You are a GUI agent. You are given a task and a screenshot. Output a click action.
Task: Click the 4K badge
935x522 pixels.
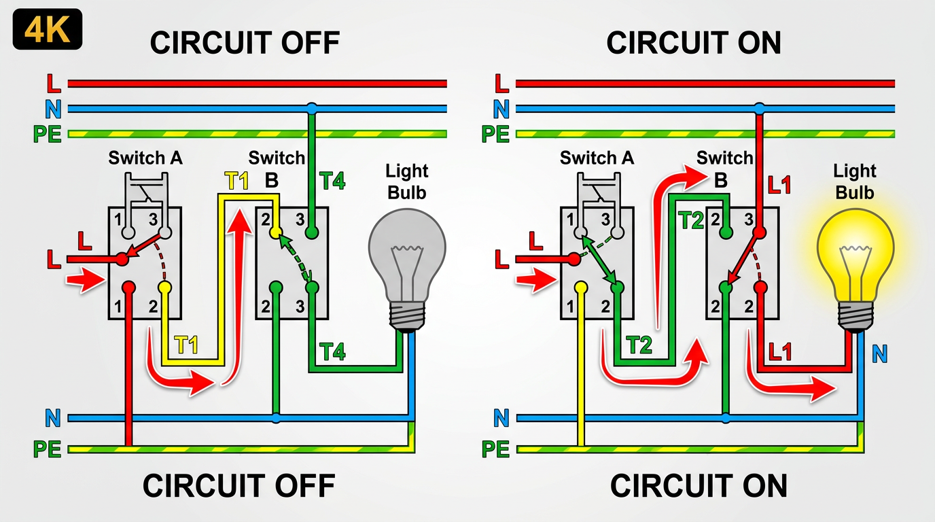pos(47,29)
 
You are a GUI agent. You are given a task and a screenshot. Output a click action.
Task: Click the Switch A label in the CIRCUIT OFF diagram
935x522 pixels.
pos(145,159)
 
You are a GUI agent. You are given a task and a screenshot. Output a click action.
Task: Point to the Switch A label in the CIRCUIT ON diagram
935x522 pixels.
pos(597,159)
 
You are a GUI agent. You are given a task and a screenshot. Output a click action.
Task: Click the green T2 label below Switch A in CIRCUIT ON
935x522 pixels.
pos(639,346)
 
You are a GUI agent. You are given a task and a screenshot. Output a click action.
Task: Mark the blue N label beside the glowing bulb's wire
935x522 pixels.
pos(879,353)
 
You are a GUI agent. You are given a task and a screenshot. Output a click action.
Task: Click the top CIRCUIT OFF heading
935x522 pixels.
pos(245,43)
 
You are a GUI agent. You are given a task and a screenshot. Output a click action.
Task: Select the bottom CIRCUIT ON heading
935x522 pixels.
pos(699,486)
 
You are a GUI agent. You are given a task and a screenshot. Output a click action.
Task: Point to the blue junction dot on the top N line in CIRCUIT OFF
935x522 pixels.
pos(311,108)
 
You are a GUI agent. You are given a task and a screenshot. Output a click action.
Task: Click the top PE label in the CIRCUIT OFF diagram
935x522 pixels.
pos(46,134)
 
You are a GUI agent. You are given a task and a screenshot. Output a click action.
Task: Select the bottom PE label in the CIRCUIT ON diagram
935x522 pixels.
pos(496,449)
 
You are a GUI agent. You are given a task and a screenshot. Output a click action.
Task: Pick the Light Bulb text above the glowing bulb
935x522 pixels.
pos(855,181)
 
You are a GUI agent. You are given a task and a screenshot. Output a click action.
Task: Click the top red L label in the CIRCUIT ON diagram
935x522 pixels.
pos(501,84)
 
